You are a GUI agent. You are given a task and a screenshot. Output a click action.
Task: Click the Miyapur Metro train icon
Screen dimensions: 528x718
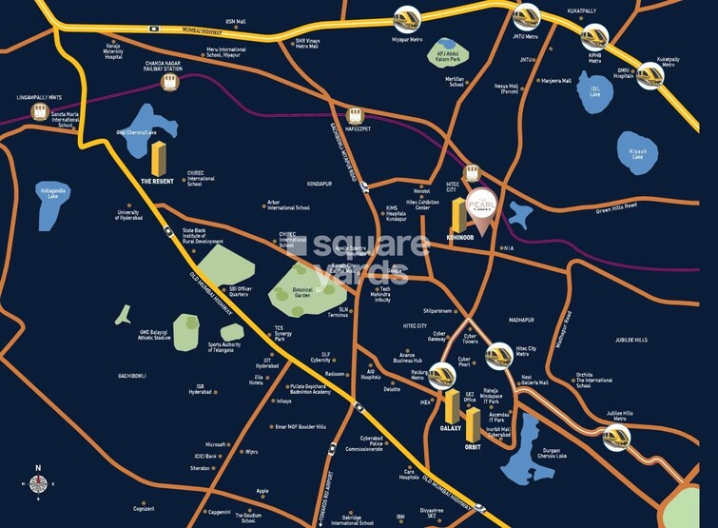coord(405,19)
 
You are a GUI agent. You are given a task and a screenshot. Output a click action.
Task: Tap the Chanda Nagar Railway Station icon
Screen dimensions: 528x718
coord(172,82)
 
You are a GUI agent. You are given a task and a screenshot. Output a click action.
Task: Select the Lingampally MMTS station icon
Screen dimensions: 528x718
coord(40,111)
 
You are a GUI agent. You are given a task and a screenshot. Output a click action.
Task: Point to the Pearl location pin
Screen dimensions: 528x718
coord(479,211)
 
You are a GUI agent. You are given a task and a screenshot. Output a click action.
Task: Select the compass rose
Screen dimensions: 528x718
coord(38,483)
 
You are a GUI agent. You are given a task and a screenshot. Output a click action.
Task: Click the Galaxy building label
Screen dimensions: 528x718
coord(450,428)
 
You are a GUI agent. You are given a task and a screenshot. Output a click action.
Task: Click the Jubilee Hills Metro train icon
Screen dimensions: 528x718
coord(616,438)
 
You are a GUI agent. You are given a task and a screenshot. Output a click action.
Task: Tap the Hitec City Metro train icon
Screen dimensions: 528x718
coord(498,356)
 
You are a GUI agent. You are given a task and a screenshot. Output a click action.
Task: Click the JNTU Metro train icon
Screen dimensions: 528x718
coord(526,16)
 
